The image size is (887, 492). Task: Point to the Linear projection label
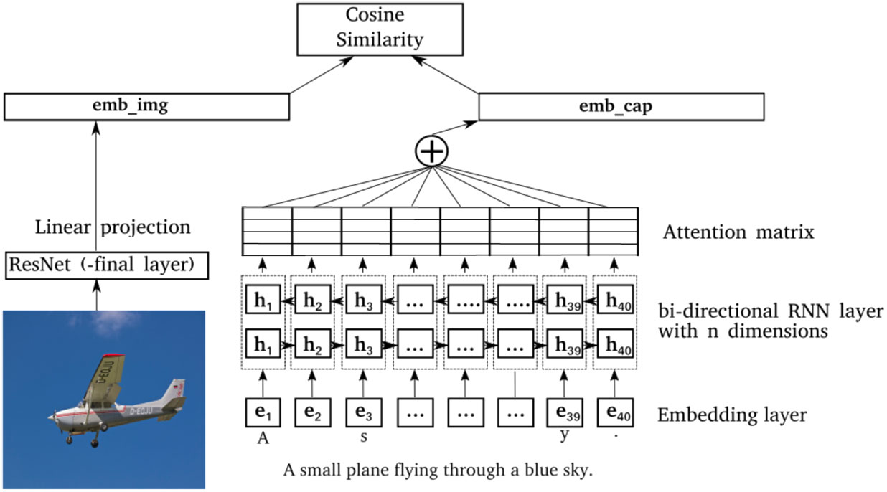[113, 228]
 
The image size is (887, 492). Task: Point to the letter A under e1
[263, 440]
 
